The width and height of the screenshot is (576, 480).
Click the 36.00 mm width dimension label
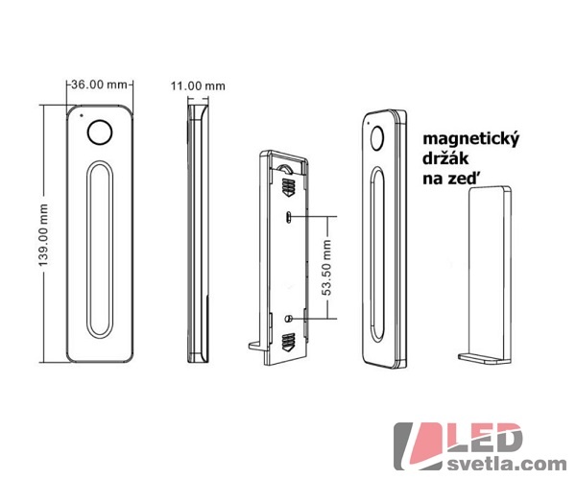point(99,84)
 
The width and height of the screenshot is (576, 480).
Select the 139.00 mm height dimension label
point(43,235)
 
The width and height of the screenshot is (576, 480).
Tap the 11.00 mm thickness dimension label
point(198,86)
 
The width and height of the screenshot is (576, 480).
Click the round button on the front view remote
point(100,132)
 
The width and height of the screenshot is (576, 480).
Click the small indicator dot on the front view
point(82,115)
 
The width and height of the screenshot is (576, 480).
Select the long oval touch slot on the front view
point(100,249)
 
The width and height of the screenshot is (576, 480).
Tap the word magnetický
point(471,140)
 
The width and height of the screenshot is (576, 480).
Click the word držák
point(445,158)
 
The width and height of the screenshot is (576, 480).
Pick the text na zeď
point(451,179)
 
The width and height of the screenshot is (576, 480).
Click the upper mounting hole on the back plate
point(288,217)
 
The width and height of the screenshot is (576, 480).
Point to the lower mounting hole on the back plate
point(288,319)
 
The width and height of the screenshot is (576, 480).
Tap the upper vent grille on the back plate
point(288,187)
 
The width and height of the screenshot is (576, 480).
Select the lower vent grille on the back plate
point(288,341)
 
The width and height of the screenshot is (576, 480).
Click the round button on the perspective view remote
point(377,138)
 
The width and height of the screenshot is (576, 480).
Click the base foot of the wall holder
point(484,358)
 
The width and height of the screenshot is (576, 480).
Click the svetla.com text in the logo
point(507,464)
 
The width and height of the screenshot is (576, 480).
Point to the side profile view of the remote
point(198,233)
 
